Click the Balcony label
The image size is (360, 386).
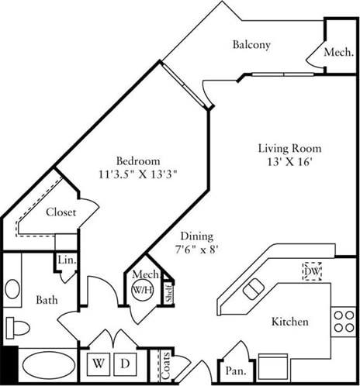[251, 45]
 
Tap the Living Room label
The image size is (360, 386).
[289, 148]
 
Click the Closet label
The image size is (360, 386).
[61, 212]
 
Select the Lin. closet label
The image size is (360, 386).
[66, 262]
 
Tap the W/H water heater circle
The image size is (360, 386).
[142, 291]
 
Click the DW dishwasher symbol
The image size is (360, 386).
[312, 271]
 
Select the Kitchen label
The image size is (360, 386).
[290, 322]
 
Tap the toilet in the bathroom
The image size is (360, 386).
[17, 327]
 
